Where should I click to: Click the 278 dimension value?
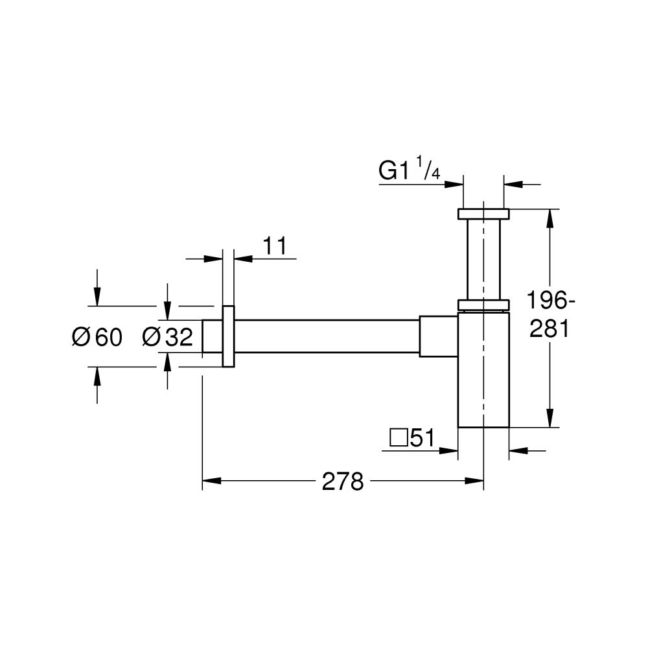343,481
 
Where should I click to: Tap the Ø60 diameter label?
97,337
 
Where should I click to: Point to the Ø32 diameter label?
167,337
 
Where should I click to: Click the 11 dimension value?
274,246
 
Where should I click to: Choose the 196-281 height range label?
549,316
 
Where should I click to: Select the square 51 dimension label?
411,439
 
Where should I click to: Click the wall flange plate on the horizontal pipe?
228,336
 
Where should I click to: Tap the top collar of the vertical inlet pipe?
483,214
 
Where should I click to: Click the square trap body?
483,369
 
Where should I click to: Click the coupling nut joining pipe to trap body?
439,336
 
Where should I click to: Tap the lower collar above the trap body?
483,305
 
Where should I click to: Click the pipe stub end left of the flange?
212,336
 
